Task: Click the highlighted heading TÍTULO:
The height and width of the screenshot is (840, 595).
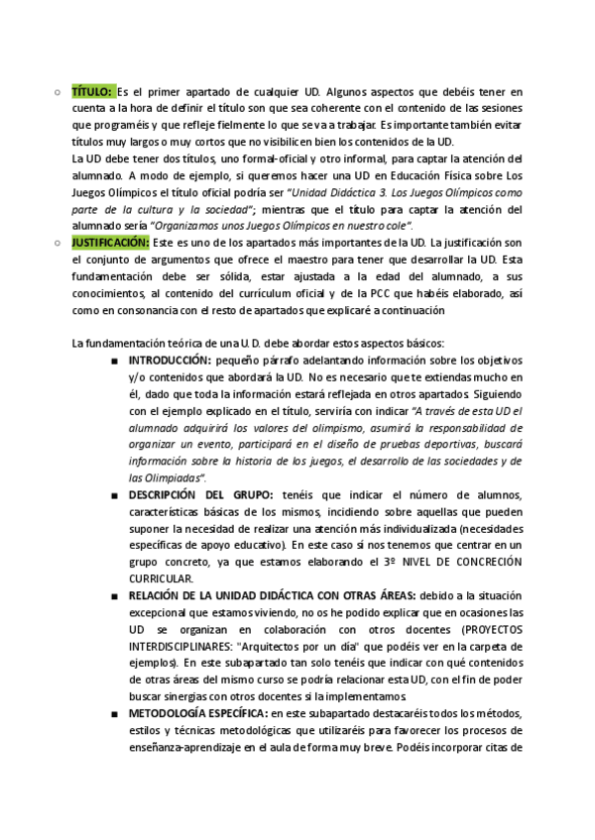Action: tap(93, 90)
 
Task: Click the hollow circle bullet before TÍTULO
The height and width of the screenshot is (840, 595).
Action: tap(58, 91)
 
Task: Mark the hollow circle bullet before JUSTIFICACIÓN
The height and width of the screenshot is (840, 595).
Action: tap(58, 242)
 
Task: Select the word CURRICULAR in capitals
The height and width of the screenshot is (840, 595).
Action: tap(162, 578)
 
